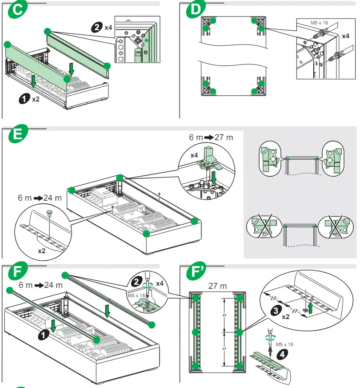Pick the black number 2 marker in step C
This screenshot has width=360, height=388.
pyautogui.click(x=96, y=28)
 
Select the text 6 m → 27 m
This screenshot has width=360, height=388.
pyautogui.click(x=211, y=137)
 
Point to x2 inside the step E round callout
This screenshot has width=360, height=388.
pyautogui.click(x=41, y=251)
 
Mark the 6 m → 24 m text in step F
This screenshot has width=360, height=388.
pyautogui.click(x=40, y=285)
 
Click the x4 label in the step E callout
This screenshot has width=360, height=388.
pyautogui.click(x=194, y=155)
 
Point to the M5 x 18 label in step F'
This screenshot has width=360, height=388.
pyautogui.click(x=284, y=344)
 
